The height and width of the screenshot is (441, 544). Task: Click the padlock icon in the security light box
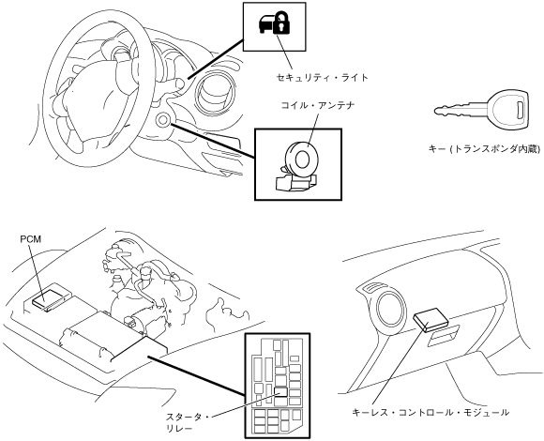pos(281,23)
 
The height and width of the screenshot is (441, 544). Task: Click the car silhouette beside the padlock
pos(266,24)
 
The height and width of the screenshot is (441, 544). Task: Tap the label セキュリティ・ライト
pos(322,77)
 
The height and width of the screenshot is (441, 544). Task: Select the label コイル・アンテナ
pos(318,105)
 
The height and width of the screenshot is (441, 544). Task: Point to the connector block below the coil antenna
pos(295,182)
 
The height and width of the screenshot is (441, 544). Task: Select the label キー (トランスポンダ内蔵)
pos(484,149)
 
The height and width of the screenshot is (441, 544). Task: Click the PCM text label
pos(30,239)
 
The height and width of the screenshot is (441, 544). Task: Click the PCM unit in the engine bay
pos(50,298)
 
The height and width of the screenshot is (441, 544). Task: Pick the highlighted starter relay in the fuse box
pos(280,392)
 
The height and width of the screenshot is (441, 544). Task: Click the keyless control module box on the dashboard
pos(430,318)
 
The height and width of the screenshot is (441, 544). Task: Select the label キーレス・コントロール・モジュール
pos(431,413)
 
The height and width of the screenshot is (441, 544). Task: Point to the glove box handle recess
pos(444,335)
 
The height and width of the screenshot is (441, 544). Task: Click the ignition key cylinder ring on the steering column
pos(163,120)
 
